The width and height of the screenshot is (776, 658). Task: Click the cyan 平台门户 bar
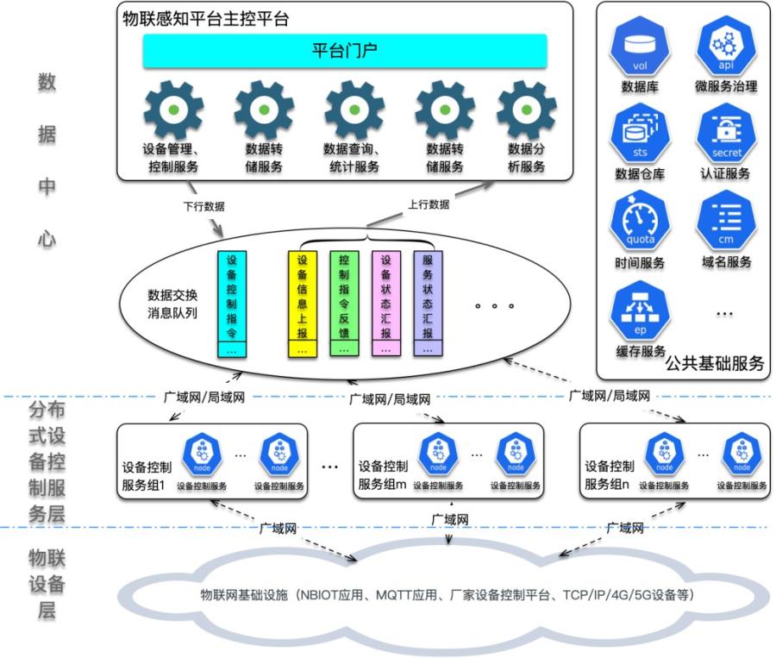click(345, 51)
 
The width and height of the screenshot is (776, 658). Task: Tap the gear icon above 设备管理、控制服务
click(173, 110)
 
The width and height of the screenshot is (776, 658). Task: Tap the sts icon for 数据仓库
click(639, 135)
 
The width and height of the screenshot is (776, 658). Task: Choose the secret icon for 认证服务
click(726, 135)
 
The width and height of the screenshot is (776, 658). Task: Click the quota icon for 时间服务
click(639, 222)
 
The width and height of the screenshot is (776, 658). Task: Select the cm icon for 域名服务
click(726, 222)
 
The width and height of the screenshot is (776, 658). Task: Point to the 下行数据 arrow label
click(203, 206)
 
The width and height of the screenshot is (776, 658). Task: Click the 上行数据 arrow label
click(429, 204)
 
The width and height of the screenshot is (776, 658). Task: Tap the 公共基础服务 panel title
click(715, 363)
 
